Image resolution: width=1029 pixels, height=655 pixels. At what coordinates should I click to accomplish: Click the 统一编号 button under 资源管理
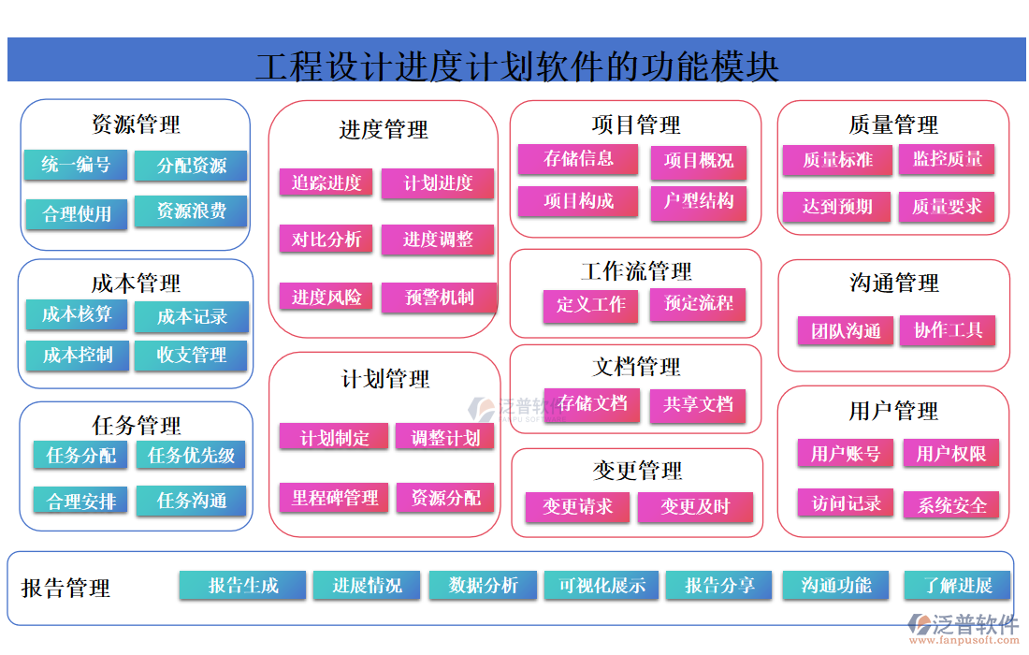pyautogui.click(x=76, y=166)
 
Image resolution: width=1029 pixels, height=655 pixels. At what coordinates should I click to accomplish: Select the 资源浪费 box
pyautogui.click(x=191, y=211)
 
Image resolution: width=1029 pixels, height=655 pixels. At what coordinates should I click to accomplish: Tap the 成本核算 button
pyautogui.click(x=77, y=315)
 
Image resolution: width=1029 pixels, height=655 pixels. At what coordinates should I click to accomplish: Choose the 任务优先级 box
pyautogui.click(x=191, y=456)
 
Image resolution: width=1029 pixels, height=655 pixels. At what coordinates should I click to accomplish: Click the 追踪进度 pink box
pyautogui.click(x=326, y=182)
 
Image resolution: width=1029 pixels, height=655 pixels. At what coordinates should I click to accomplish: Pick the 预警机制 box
pyautogui.click(x=439, y=298)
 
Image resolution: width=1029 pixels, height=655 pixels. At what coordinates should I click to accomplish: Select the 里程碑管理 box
pyautogui.click(x=334, y=498)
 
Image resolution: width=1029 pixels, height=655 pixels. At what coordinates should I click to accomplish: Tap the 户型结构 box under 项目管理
pyautogui.click(x=699, y=202)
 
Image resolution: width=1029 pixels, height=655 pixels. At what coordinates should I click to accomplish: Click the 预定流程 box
pyautogui.click(x=699, y=304)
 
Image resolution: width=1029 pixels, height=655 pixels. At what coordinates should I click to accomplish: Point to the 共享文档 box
pyautogui.click(x=698, y=404)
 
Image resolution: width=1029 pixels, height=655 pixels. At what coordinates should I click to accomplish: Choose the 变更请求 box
pyautogui.click(x=577, y=507)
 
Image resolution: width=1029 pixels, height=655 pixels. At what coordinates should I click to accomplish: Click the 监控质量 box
pyautogui.click(x=947, y=159)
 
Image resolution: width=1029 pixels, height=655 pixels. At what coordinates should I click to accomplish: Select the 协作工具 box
pyautogui.click(x=948, y=330)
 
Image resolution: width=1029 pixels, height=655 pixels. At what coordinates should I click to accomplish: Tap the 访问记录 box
pyautogui.click(x=846, y=503)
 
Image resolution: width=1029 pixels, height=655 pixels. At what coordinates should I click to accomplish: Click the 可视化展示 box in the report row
pyautogui.click(x=601, y=586)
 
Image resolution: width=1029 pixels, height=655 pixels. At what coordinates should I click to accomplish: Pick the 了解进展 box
pyautogui.click(x=958, y=586)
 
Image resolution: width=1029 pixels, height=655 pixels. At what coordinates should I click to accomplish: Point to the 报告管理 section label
pyautogui.click(x=65, y=588)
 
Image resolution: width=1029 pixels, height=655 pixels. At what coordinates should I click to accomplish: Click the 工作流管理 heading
pyautogui.click(x=636, y=271)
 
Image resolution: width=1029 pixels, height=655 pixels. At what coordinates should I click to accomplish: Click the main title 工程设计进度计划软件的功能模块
pyautogui.click(x=516, y=65)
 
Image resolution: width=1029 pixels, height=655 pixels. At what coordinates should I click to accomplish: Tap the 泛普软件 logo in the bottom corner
pyautogui.click(x=964, y=626)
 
